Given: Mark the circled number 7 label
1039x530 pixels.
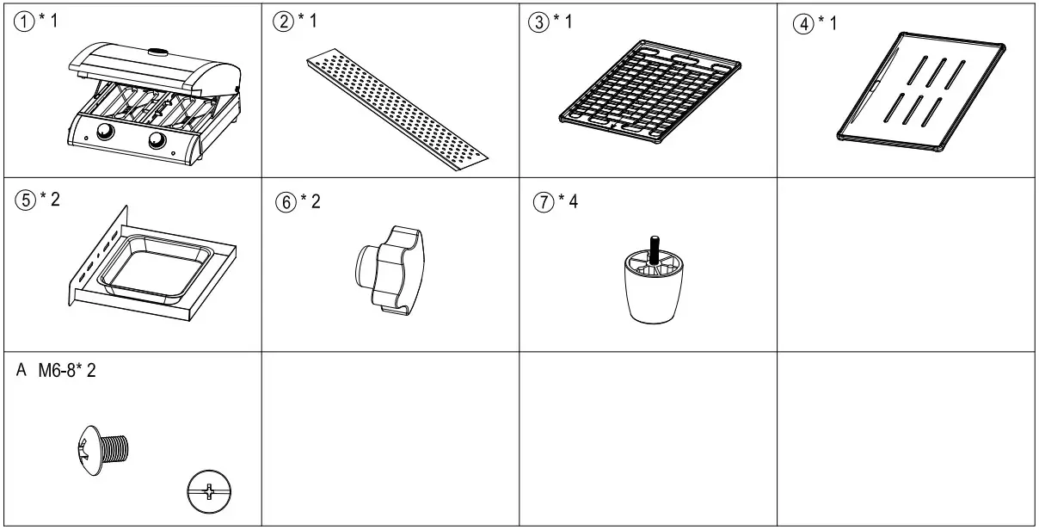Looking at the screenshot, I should [542, 201].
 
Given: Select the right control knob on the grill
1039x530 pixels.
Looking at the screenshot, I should [158, 141].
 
